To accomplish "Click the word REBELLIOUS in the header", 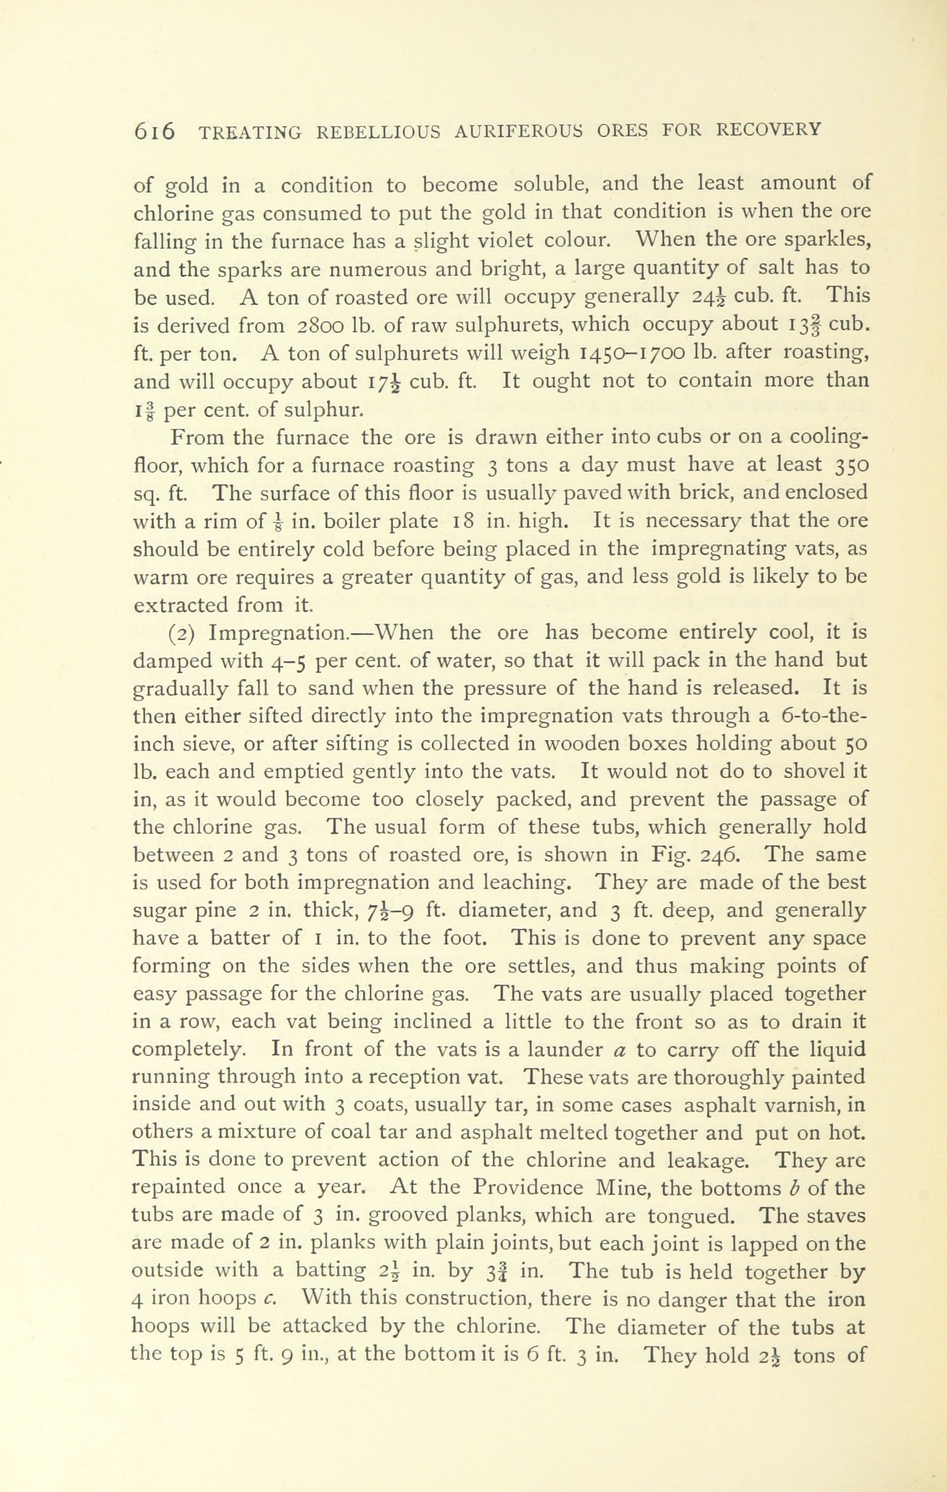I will tap(379, 132).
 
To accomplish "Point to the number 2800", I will tap(325, 325).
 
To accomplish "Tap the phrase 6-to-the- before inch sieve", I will tap(824, 717).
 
